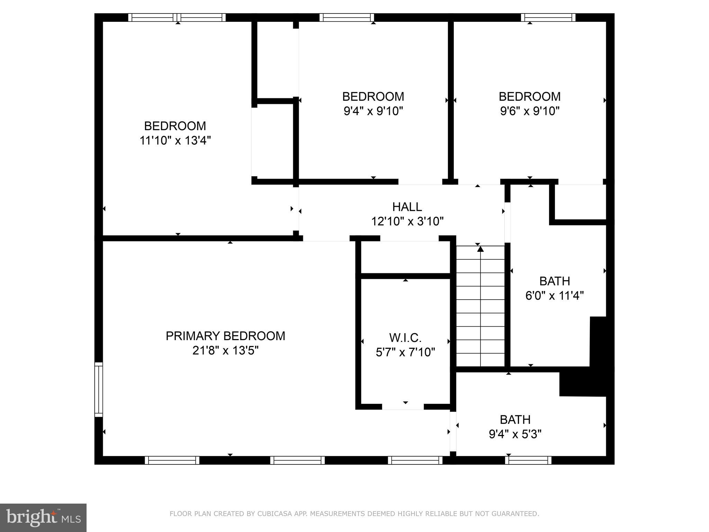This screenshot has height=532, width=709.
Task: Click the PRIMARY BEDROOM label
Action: pos(225,336)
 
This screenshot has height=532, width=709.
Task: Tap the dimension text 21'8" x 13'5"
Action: pos(225,351)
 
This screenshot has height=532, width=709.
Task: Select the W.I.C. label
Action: pos(405,337)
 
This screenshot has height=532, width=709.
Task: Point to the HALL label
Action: pos(407,207)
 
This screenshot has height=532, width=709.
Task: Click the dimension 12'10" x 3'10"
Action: pos(407,221)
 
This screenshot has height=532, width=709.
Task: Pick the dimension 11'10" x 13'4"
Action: pos(175,141)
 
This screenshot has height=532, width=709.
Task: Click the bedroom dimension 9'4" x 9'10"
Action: pos(373,111)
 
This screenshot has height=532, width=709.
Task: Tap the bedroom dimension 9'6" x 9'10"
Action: pos(530,111)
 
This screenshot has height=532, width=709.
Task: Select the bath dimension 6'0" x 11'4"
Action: pos(555,296)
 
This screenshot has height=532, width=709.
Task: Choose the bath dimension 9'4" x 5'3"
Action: pos(515,434)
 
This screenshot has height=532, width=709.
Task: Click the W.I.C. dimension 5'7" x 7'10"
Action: pos(405,352)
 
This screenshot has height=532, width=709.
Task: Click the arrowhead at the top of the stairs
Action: pos(480,248)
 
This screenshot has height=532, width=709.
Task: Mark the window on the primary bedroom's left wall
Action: pos(99,389)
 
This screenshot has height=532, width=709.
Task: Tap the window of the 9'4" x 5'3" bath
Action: pos(528,460)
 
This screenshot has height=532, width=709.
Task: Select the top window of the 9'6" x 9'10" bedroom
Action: pos(548,17)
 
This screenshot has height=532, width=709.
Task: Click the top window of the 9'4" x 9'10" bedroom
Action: pos(347,17)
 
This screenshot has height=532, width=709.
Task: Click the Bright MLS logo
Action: pos(43,517)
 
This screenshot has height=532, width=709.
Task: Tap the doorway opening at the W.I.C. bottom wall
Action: pos(403,407)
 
